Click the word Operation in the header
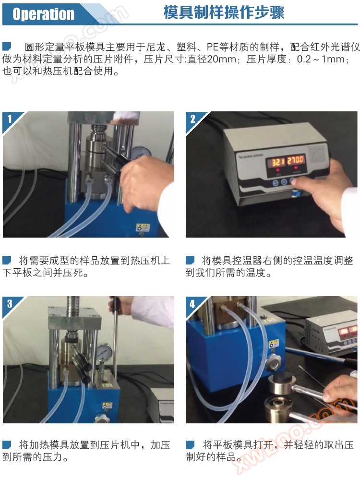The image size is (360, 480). point(43,14)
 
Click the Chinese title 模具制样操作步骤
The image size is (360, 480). point(224,13)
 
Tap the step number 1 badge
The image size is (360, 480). point(10,119)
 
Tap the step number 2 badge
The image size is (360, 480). point(192,119)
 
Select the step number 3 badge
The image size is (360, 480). point(10,303)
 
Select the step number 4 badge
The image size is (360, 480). point(192,304)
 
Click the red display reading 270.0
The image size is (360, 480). point(295,159)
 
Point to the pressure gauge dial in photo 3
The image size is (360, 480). point(103,353)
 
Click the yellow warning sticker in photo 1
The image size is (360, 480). point(143,228)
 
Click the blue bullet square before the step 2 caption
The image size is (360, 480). point(190,260)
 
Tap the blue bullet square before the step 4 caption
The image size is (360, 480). point(190,444)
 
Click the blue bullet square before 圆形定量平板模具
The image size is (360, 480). point(7,47)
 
